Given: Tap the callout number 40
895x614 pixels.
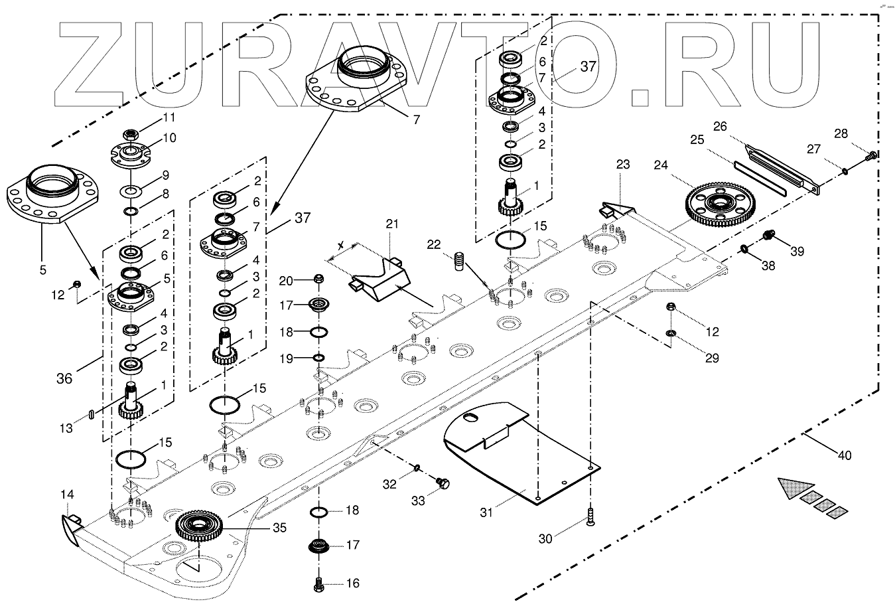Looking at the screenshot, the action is (x=845, y=455).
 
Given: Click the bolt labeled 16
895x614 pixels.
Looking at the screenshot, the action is (x=319, y=584).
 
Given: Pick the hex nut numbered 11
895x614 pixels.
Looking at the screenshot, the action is (x=131, y=135).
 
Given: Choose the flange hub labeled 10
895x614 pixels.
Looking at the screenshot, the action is (x=131, y=155).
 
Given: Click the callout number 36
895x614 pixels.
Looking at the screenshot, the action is (x=64, y=378).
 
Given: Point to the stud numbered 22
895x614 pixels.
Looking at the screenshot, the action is (x=460, y=261).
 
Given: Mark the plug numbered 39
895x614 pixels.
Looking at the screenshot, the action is (x=767, y=235).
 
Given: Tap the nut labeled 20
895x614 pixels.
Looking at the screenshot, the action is (x=318, y=279).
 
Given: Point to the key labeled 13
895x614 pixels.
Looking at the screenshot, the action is (x=91, y=414).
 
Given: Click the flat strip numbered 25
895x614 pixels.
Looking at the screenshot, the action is (x=760, y=178).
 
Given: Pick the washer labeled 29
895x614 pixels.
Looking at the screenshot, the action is (x=670, y=333).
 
